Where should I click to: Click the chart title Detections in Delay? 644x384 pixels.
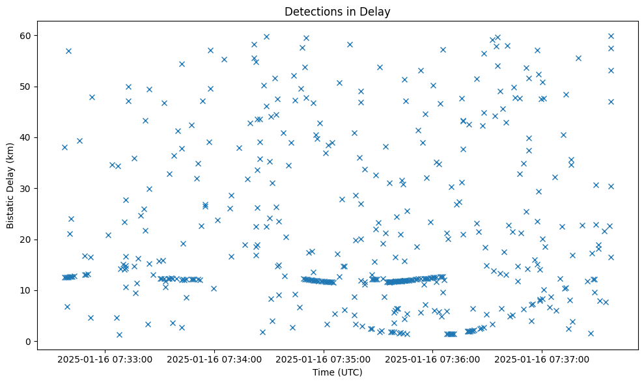337,11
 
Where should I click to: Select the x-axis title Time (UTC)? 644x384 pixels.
337,372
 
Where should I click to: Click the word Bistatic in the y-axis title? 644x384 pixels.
11,210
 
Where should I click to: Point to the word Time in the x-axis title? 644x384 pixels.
324,372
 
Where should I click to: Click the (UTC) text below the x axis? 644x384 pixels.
350,372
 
